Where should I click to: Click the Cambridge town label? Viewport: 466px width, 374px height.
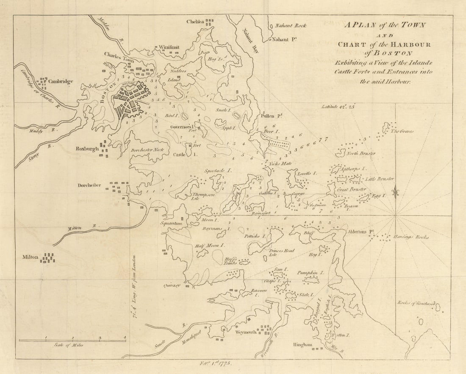(x=61, y=81)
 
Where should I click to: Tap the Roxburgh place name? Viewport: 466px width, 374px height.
(x=87, y=149)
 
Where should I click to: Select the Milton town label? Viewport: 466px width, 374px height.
(x=31, y=257)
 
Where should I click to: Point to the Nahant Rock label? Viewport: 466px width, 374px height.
(x=290, y=25)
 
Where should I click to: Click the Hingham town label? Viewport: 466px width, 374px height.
(x=302, y=346)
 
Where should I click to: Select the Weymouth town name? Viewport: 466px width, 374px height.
(x=243, y=332)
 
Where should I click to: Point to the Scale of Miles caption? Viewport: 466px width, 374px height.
(x=68, y=345)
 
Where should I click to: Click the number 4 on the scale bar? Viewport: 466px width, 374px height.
(x=125, y=338)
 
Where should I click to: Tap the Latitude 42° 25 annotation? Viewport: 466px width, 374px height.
(x=337, y=107)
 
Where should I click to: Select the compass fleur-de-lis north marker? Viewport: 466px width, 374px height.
(x=395, y=192)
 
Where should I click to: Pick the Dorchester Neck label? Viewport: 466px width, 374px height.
(x=144, y=150)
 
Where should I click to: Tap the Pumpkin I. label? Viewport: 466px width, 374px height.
(x=311, y=273)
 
